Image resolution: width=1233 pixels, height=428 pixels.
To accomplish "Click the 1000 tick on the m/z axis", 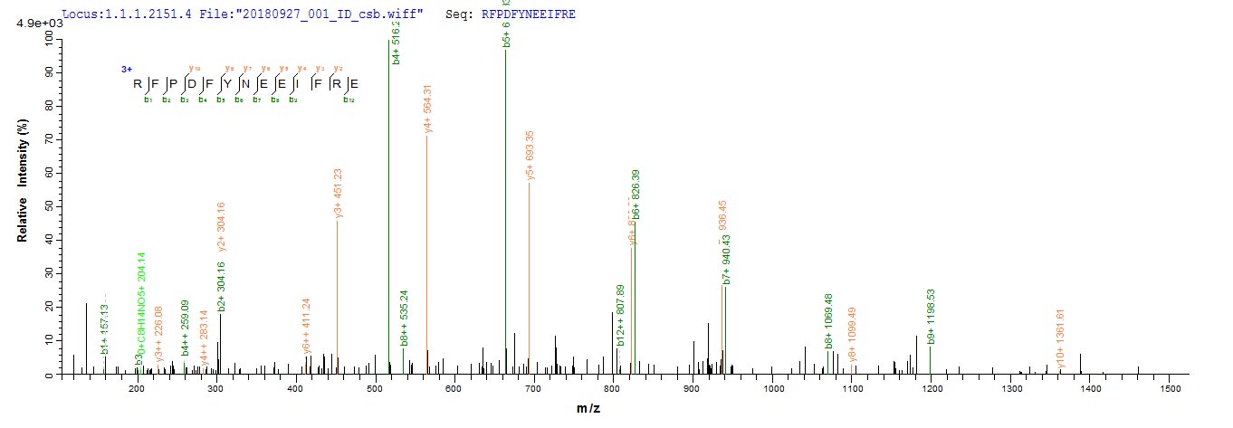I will (x=772, y=387).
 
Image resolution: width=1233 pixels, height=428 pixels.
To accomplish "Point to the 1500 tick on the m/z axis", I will (x=1170, y=387).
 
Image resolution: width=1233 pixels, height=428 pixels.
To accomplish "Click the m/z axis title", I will (x=589, y=409).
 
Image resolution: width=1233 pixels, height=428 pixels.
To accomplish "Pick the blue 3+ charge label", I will (x=128, y=70).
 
